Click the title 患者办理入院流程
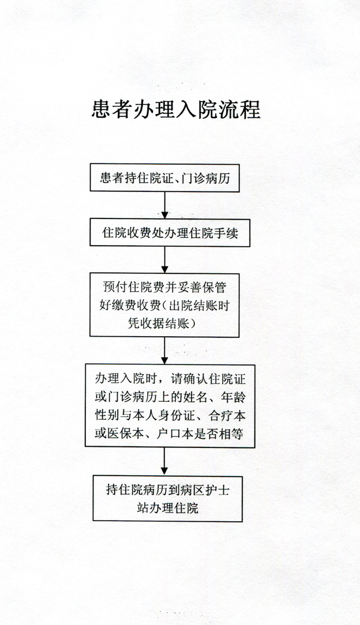pos(176,109)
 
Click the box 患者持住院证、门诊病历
pos(164,178)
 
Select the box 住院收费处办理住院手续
pos(170,232)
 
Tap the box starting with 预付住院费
pos(164,305)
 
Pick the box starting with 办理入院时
pos(170,406)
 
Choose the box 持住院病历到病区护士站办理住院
pos(167,499)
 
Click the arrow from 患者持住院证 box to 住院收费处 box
pos(164,205)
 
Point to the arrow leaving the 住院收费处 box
pos(164,260)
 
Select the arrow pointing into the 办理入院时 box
pos(164,351)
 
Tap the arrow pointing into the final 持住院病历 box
pos(164,461)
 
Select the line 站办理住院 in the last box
pos(167,508)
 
